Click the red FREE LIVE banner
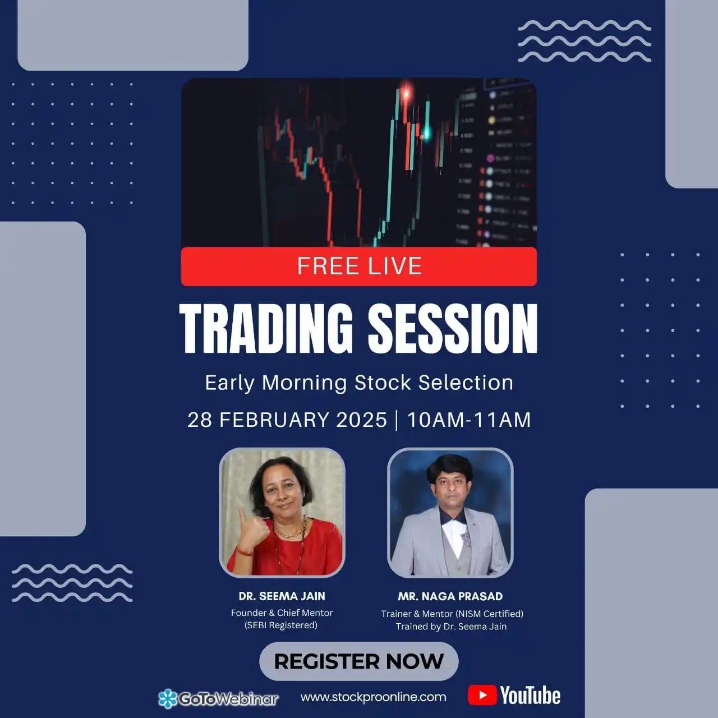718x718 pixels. (359, 266)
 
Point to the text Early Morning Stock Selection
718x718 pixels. (359, 383)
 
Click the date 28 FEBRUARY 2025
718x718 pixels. (287, 420)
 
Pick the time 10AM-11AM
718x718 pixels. (469, 420)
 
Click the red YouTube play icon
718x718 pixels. (482, 696)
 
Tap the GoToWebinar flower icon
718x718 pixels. (167, 698)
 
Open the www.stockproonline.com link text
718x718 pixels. (374, 697)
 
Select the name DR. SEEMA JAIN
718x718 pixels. (282, 596)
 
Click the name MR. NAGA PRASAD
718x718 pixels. (450, 596)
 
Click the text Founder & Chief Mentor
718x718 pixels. (282, 613)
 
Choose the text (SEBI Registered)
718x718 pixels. (281, 625)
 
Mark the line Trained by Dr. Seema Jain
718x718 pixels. (451, 627)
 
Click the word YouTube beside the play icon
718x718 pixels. (530, 696)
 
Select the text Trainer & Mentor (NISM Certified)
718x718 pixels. (452, 614)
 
